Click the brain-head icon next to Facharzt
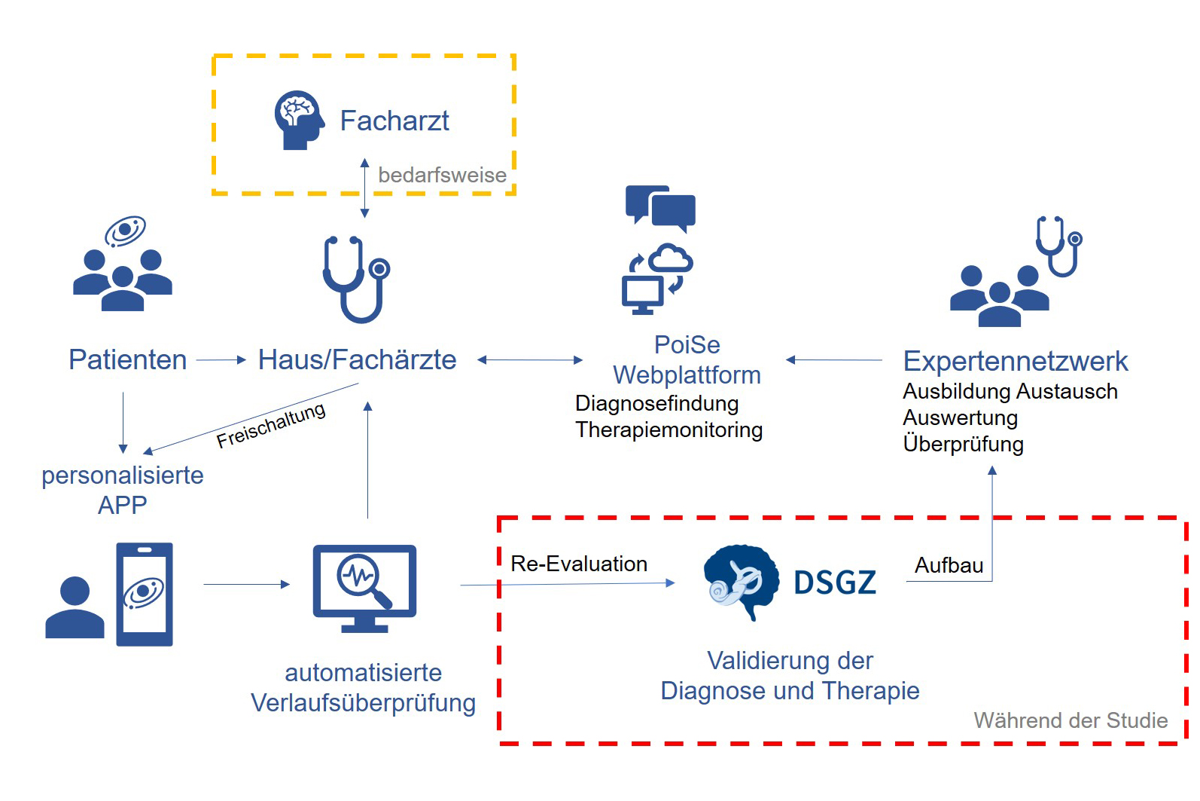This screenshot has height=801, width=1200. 299,120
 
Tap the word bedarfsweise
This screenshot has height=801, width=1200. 442,176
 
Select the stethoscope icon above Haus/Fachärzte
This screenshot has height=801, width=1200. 356,280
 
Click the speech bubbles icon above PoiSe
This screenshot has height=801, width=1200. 660,209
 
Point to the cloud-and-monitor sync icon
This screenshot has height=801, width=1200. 657,280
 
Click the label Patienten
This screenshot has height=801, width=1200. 127,359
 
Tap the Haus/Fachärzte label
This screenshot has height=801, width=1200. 358,359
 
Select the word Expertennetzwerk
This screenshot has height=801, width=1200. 1016,362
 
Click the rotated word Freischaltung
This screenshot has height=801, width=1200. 270,425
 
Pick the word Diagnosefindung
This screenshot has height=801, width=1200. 656,404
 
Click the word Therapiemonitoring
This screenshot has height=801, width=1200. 669,430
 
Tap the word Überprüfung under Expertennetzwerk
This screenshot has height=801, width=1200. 963,444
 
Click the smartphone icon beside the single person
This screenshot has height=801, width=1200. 145,594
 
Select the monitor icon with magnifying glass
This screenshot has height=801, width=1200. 364,589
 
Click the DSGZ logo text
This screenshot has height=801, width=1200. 835,582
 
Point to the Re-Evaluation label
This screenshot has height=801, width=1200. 579,564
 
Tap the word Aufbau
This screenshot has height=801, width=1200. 949,566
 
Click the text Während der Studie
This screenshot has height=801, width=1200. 1071,720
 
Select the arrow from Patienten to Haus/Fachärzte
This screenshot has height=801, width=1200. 221,359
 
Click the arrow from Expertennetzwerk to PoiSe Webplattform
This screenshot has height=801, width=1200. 834,359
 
